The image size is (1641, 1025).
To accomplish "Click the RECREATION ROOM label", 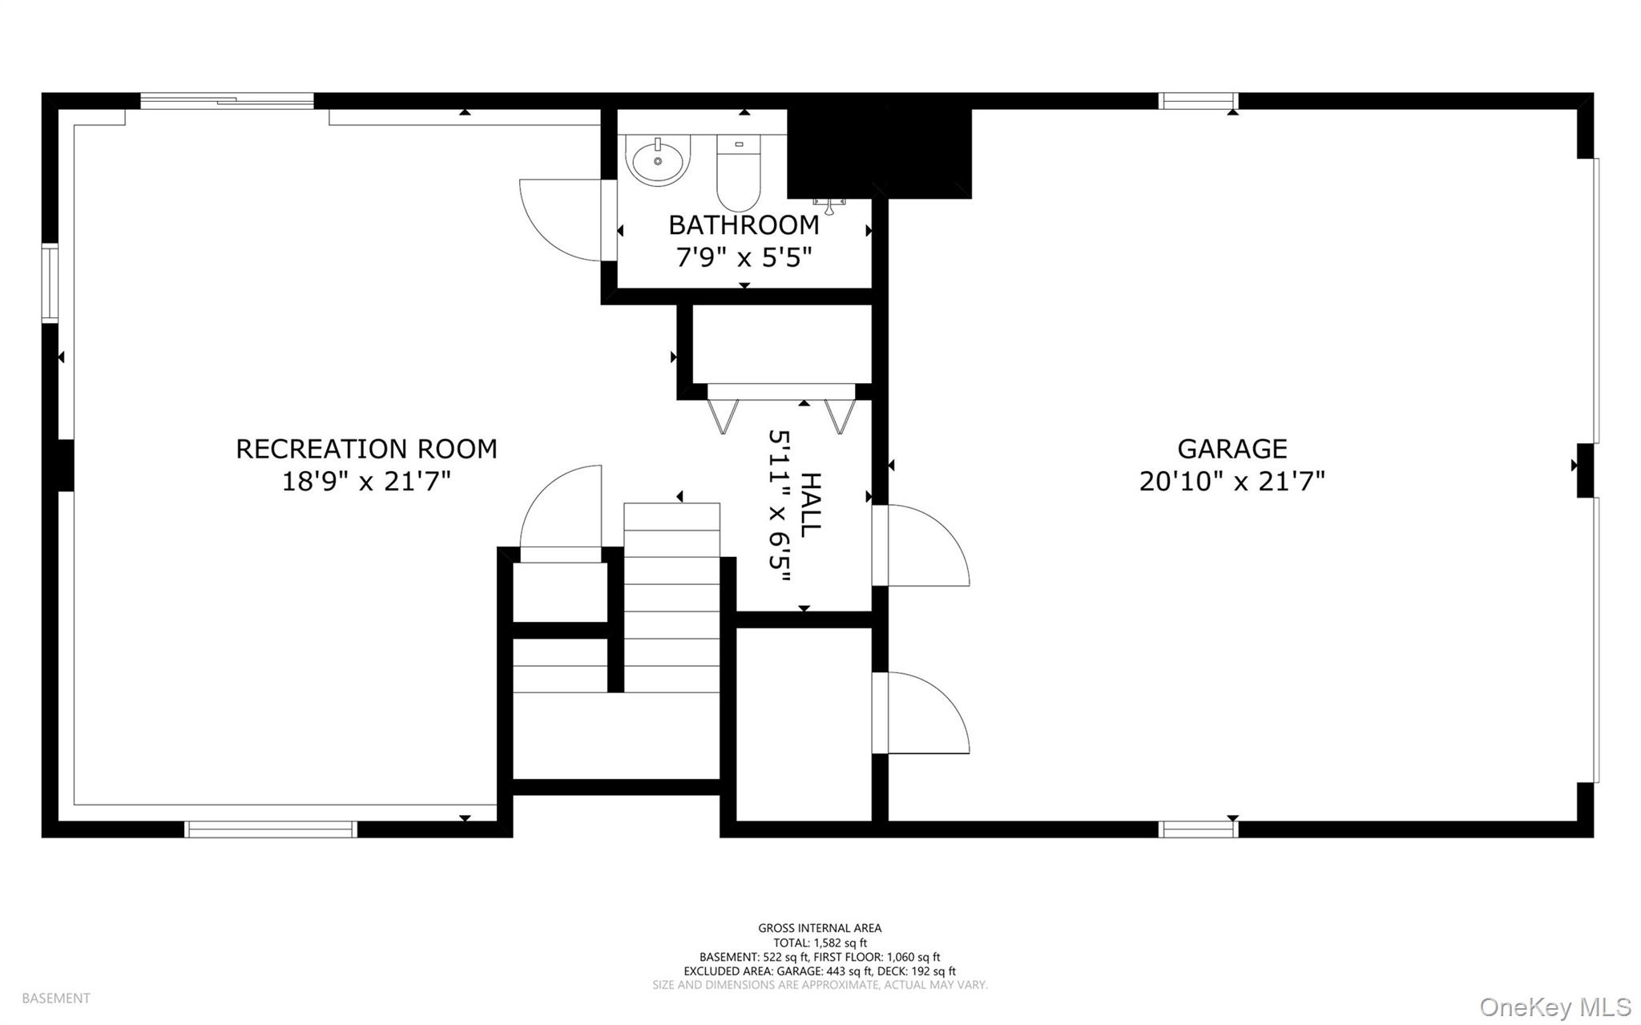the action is [x=366, y=448].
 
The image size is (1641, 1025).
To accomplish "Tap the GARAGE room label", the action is [x=1232, y=448].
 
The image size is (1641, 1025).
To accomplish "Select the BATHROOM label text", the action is [x=744, y=225].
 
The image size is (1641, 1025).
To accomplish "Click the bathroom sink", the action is [x=658, y=160].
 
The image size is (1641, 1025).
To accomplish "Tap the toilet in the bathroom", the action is [x=738, y=172].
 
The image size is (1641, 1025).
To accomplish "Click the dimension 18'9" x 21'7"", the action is [x=366, y=482].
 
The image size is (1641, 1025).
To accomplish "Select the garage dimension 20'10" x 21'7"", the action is [x=1232, y=482].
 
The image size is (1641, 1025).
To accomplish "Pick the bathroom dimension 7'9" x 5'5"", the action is [x=744, y=258].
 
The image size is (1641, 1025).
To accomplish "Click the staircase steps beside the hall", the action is [x=671, y=597].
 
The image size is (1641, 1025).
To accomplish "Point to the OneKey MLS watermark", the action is [x=1555, y=1007].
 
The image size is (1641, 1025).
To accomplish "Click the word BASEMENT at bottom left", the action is [x=56, y=999].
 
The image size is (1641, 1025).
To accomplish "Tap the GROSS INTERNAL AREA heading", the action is [x=820, y=928].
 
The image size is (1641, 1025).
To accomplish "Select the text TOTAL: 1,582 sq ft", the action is [x=820, y=942].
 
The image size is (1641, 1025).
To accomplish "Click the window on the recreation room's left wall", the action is [x=50, y=283].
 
